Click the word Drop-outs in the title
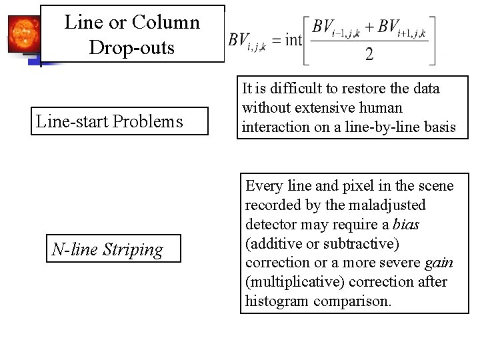click(x=131, y=47)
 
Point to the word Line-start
click(x=73, y=121)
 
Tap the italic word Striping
click(x=135, y=250)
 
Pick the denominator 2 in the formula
click(x=369, y=54)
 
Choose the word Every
click(x=265, y=185)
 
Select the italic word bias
click(x=406, y=224)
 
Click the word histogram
click(x=274, y=301)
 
